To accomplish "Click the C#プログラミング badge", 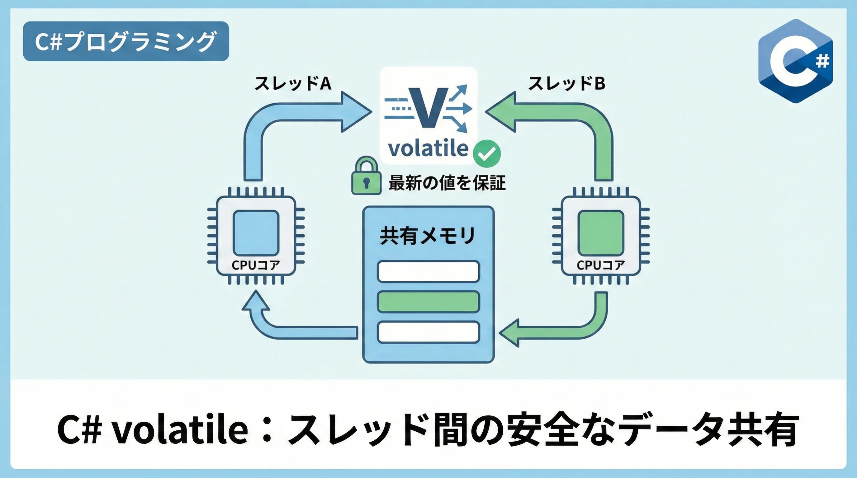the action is tap(126, 41).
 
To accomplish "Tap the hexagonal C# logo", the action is tap(795, 61).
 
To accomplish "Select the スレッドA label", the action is tap(293, 83).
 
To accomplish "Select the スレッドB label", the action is tap(566, 83).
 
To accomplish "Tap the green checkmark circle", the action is tap(487, 153).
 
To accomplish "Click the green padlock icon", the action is tap(366, 176).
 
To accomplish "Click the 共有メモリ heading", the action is tap(428, 236).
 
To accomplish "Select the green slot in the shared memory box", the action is tap(429, 302).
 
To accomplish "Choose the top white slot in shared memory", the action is tap(429, 272).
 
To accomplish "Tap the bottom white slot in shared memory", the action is tap(429, 332).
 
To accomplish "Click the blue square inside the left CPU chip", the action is tap(256, 233).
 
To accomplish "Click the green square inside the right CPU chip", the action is tap(601, 233).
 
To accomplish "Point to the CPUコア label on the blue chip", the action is tap(256, 265).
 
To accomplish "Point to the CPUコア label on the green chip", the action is tap(601, 265).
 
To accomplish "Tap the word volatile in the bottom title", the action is tap(180, 429).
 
